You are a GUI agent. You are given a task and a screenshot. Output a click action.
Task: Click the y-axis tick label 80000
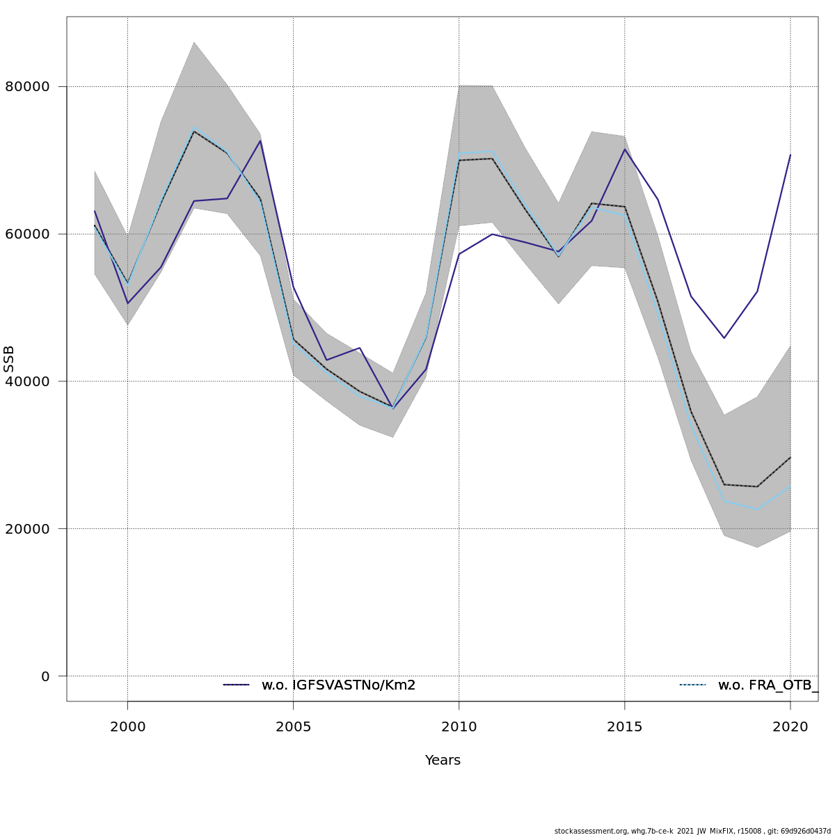pos(27,87)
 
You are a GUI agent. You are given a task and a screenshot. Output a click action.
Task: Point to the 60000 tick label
pos(27,234)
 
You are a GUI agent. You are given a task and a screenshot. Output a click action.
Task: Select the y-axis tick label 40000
pos(27,381)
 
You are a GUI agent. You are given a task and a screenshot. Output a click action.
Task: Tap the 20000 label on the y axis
pos(27,529)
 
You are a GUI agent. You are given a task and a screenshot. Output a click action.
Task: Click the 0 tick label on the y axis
pos(45,676)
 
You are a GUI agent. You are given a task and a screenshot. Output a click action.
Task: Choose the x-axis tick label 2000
pos(127,728)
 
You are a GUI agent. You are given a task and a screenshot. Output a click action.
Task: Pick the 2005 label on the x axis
pos(293,728)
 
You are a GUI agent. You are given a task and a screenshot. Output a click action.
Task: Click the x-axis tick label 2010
pos(459,728)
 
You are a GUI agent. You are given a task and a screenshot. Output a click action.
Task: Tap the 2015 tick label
pos(624,728)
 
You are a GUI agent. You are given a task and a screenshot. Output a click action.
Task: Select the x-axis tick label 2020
pos(790,728)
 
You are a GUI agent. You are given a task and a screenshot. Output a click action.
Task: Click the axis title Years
pos(443,761)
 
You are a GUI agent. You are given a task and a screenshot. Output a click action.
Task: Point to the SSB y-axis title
pos(9,358)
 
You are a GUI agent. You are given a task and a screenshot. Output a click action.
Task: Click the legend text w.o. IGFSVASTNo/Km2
pos(338,685)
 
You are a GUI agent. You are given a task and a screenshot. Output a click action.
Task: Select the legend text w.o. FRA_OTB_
pos(768,685)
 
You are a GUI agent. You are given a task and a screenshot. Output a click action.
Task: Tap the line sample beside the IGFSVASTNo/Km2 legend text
pos(236,685)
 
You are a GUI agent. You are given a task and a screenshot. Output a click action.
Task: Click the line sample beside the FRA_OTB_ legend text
pos(692,685)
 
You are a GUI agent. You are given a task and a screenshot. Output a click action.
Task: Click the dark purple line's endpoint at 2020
pos(790,154)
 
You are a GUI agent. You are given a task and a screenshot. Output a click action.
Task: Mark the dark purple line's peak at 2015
pos(625,149)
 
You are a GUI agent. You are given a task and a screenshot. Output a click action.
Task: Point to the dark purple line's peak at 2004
pos(260,141)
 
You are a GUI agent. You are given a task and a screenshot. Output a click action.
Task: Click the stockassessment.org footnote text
pos(692,831)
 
